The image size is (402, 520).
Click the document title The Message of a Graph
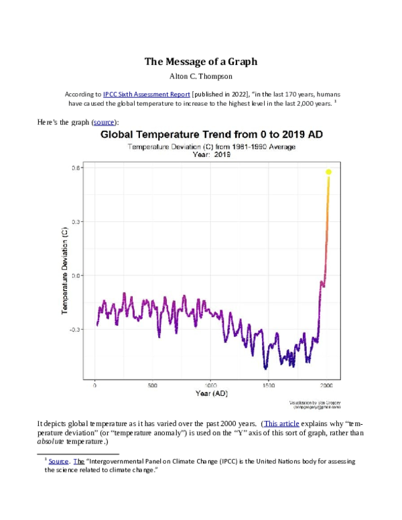[201, 62]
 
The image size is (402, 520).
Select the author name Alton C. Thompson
[201, 76]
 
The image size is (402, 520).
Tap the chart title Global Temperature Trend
[212, 135]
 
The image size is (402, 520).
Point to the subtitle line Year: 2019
[212, 154]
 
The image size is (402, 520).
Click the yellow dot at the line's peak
[329, 172]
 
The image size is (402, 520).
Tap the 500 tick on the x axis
[153, 386]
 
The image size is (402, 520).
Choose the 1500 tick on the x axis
[269, 386]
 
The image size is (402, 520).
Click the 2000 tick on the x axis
[326, 386]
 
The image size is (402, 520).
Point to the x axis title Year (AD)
[212, 393]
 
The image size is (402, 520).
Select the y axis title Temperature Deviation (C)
[65, 271]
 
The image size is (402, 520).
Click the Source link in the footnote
[58, 462]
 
